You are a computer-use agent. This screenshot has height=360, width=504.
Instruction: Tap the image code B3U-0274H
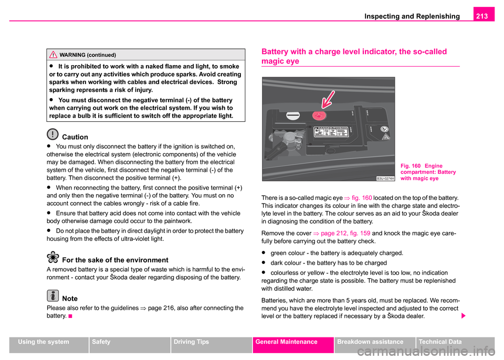coord(386,178)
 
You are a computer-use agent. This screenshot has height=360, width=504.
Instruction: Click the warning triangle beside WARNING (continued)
coord(52,55)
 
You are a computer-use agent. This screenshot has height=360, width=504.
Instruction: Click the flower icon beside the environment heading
coord(52,257)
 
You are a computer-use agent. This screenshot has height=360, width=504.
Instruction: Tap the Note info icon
coord(52,296)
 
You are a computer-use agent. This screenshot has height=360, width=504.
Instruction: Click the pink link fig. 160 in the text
coord(358,197)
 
